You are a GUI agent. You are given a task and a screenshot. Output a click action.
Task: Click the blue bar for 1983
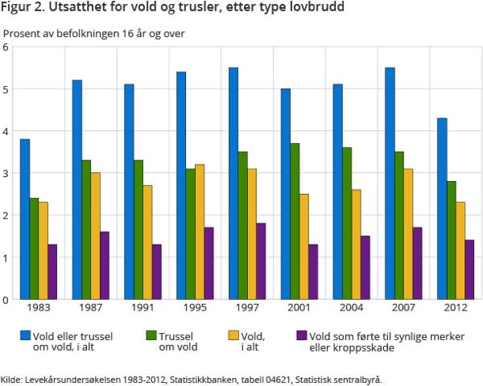pos(25,219)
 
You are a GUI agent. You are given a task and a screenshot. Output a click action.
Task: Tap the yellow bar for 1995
pos(200,232)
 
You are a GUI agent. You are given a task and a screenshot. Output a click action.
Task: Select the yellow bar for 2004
pos(357,244)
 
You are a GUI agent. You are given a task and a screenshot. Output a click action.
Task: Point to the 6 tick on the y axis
pos(6,47)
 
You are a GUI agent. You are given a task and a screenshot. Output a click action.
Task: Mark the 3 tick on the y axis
pos(6,173)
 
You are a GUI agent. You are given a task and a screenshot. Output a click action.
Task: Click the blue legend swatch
pos(27,334)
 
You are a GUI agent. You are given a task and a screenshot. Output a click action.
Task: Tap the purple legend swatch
pos(303,334)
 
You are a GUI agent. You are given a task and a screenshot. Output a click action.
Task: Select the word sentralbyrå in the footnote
pos(357,378)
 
